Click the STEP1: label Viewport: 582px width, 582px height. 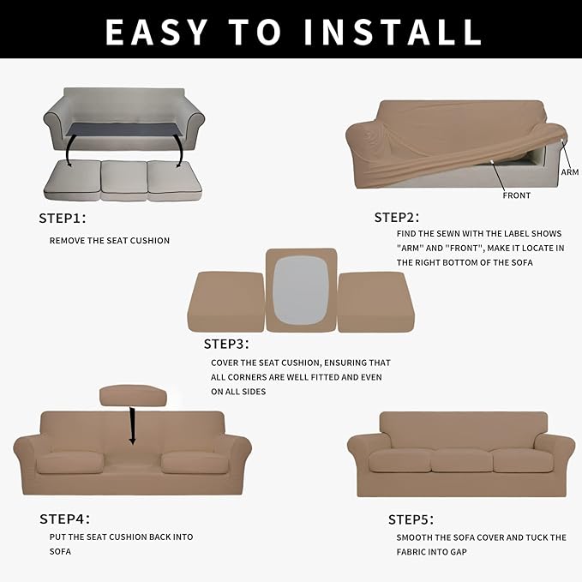63,218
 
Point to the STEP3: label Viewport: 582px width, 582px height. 226,344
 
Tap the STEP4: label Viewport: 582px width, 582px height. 64,519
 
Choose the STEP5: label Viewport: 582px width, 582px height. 411,519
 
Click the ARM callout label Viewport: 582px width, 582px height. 570,172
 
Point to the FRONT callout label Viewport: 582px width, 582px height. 516,195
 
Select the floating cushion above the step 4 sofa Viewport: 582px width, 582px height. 132,394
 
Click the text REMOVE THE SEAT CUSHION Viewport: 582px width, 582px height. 110,241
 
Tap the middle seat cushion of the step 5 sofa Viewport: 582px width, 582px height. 461,461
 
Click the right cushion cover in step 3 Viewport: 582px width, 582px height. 370,302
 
